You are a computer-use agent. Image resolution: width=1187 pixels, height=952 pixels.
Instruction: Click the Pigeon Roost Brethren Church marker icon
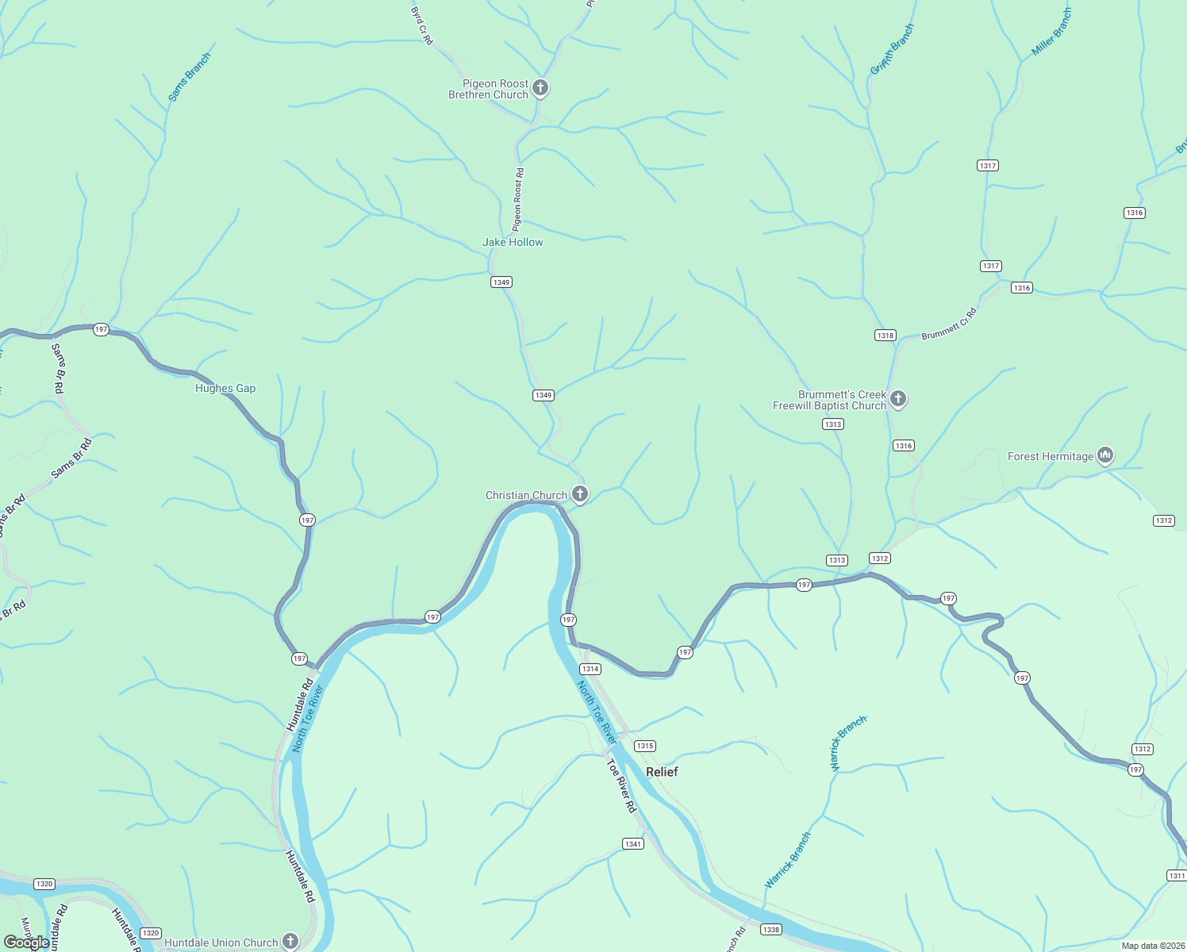point(540,87)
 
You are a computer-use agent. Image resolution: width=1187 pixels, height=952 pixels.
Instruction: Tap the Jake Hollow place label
point(513,242)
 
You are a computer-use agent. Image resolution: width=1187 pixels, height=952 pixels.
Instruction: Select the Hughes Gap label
point(225,388)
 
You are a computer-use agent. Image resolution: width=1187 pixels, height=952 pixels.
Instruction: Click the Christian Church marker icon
point(580,494)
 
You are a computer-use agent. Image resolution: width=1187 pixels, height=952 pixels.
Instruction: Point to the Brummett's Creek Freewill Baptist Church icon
point(898,398)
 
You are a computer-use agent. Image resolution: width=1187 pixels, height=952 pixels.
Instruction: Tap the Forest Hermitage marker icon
point(1105,455)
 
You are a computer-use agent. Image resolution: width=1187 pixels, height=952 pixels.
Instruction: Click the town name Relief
point(662,772)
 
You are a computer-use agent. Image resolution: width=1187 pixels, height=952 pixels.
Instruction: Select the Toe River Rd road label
point(622,785)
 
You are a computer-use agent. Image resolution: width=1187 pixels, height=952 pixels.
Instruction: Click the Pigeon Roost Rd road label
point(518,199)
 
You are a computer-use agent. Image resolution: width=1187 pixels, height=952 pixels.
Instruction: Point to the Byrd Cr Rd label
point(422,25)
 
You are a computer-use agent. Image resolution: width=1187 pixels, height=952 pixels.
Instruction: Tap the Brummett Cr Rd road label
point(949,324)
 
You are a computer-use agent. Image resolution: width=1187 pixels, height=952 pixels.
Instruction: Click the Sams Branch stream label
point(190,77)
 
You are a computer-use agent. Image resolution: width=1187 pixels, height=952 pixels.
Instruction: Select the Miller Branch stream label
point(1052,33)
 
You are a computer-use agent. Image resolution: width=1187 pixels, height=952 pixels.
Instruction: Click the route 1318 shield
point(885,336)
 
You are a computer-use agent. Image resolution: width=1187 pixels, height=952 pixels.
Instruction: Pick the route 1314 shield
point(590,669)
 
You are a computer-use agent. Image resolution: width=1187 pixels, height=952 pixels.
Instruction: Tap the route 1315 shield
point(645,746)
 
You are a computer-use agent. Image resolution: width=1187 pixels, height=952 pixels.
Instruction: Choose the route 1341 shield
point(632,844)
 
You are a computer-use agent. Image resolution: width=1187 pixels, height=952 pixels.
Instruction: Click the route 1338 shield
point(770,929)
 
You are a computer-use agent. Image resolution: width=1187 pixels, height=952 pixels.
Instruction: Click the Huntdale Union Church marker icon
point(290,941)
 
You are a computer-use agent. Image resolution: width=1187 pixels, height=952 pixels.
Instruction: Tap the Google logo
point(26,942)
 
